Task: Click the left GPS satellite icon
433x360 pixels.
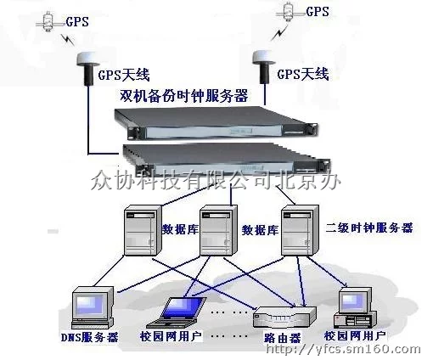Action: pyautogui.click(x=48, y=22)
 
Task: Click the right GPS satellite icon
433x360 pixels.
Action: pyautogui.click(x=289, y=11)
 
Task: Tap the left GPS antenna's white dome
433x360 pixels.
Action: pyautogui.click(x=88, y=59)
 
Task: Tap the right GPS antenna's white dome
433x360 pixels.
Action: pyautogui.click(x=264, y=57)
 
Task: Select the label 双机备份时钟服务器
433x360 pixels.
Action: pyautogui.click(x=184, y=95)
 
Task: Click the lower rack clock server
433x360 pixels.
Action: pyautogui.click(x=227, y=159)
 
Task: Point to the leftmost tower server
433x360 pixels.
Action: pyautogui.click(x=143, y=231)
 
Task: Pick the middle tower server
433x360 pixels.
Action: pyautogui.click(x=218, y=231)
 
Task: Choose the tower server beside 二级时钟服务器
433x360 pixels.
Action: pyautogui.click(x=300, y=231)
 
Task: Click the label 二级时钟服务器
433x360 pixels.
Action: pyautogui.click(x=369, y=228)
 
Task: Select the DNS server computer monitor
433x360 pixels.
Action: pyautogui.click(x=93, y=308)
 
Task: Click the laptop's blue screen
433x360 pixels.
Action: pyautogui.click(x=183, y=308)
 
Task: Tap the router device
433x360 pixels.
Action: pyautogui.click(x=284, y=317)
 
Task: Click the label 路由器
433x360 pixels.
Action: pyautogui.click(x=283, y=338)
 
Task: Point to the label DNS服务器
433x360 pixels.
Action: pyautogui.click(x=89, y=337)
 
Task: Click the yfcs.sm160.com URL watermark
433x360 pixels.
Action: pyautogui.click(x=343, y=349)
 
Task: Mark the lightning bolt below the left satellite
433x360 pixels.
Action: pyautogui.click(x=68, y=39)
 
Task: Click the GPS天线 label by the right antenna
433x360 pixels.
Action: pyautogui.click(x=303, y=74)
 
